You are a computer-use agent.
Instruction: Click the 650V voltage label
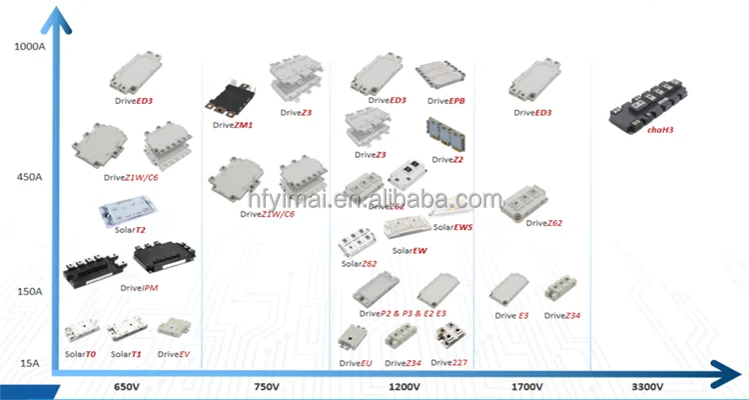click(126, 386)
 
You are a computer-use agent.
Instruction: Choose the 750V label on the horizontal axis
click(265, 386)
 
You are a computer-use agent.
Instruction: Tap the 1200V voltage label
click(403, 386)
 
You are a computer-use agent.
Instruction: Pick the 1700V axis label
click(525, 386)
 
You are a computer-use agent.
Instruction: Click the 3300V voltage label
click(650, 386)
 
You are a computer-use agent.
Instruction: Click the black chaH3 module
click(657, 108)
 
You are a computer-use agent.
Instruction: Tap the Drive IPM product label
click(139, 288)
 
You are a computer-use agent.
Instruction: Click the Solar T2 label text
click(130, 230)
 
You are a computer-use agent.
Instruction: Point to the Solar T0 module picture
click(81, 330)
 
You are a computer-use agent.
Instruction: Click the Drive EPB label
click(445, 101)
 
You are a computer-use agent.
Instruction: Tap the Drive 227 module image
click(452, 334)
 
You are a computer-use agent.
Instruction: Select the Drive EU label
click(356, 363)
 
